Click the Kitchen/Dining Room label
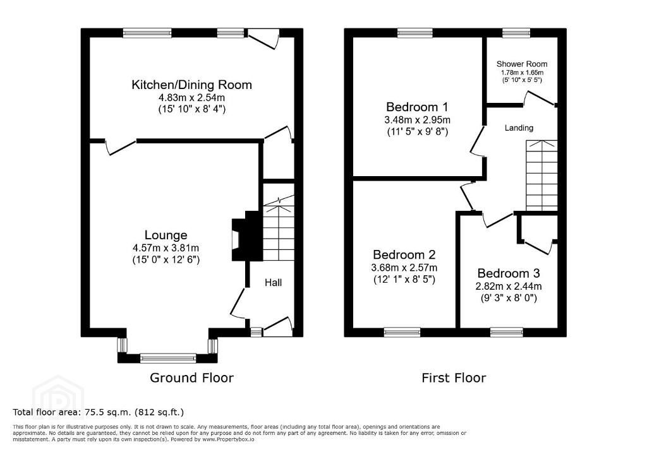pyautogui.click(x=191, y=85)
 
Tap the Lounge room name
pyautogui.click(x=166, y=235)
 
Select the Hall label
pyautogui.click(x=273, y=283)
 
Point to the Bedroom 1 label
pyautogui.click(x=417, y=107)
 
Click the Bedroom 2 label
pyautogui.click(x=404, y=254)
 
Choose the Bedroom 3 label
pyautogui.click(x=509, y=273)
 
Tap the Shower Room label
pyautogui.click(x=522, y=64)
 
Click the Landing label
pyautogui.click(x=519, y=128)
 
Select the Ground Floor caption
pyautogui.click(x=191, y=378)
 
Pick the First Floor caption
pyautogui.click(x=454, y=378)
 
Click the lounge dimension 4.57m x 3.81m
pyautogui.click(x=166, y=248)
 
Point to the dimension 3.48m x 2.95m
pyautogui.click(x=417, y=120)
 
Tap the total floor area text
pyautogui.click(x=98, y=412)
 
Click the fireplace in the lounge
pyautogui.click(x=247, y=236)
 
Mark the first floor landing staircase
pyautogui.click(x=541, y=175)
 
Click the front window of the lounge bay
pyautogui.click(x=168, y=358)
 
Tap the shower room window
pyautogui.click(x=516, y=33)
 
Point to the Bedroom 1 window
pyautogui.click(x=415, y=33)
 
